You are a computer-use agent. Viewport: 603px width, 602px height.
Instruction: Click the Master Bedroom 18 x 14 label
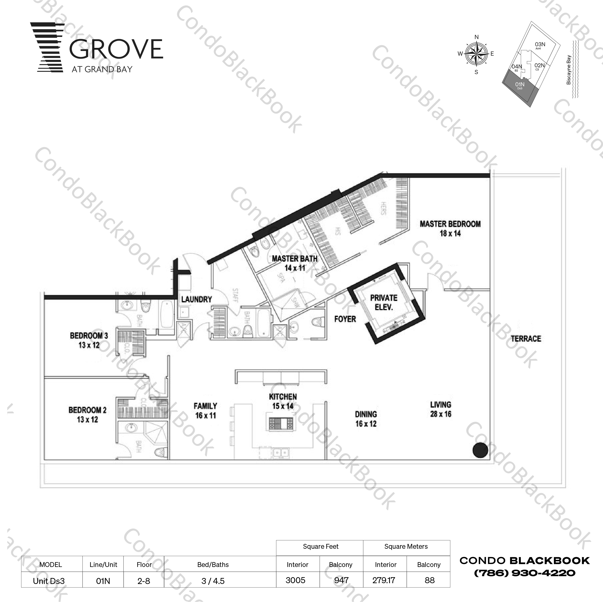(x=450, y=229)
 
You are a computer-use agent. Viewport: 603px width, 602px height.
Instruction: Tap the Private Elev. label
(x=383, y=302)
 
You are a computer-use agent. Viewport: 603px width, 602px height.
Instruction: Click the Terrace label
(x=526, y=339)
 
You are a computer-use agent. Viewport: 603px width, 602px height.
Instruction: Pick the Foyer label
(x=345, y=319)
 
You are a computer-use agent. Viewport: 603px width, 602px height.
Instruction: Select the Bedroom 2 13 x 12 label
(x=87, y=414)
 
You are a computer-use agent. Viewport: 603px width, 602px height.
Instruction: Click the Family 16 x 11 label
(x=205, y=411)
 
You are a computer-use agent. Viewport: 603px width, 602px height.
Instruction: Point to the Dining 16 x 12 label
(x=366, y=419)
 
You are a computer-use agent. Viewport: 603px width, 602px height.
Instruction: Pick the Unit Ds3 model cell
(x=49, y=581)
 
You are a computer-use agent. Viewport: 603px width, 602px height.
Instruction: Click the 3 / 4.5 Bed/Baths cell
(x=213, y=581)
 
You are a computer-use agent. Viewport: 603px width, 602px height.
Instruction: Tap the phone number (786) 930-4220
(x=525, y=573)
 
